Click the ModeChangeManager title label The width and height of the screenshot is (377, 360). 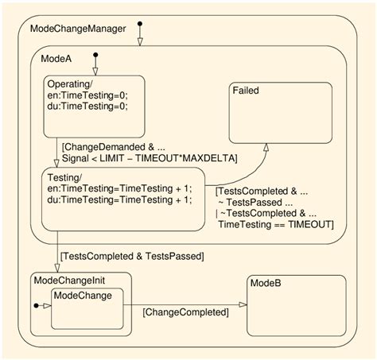coord(77,29)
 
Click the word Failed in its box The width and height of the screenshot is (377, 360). coord(246,91)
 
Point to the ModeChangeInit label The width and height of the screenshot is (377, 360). coord(69,279)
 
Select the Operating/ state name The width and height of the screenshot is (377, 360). coord(72,84)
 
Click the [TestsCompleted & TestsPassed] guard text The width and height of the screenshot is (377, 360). coord(133,255)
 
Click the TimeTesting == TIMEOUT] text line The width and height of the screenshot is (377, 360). coord(275,225)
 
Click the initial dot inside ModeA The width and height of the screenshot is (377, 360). coord(95,56)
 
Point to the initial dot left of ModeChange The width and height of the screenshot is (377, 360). coord(37,305)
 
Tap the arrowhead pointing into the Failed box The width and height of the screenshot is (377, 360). coord(266,147)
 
